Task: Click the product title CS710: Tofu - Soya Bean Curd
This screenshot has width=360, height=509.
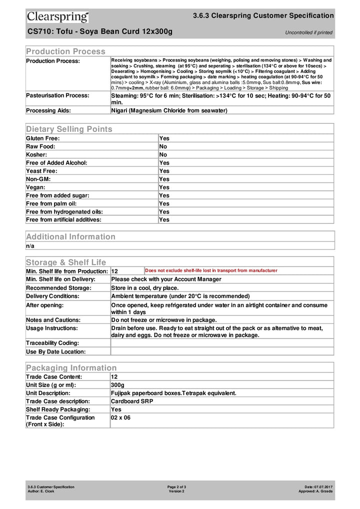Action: tap(99, 32)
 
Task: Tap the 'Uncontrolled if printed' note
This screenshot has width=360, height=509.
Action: tap(308, 33)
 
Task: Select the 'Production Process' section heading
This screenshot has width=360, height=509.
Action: tap(65, 51)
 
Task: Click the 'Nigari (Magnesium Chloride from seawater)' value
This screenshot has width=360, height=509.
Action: tap(169, 110)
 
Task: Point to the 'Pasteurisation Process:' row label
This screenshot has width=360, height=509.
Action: tap(57, 95)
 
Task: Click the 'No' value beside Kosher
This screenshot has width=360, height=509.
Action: tap(163, 155)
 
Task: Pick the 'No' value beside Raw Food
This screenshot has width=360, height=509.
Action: tap(163, 146)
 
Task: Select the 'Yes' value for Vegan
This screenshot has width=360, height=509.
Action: tap(164, 187)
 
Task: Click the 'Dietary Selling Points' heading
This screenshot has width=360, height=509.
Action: tap(69, 129)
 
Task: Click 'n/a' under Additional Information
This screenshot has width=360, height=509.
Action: tap(30, 246)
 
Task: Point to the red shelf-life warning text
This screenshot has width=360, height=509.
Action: tap(210, 270)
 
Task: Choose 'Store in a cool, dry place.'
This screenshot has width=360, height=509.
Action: tap(144, 288)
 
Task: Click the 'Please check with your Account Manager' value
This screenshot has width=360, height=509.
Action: tap(166, 279)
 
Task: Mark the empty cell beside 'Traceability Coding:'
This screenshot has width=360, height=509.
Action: tap(221, 343)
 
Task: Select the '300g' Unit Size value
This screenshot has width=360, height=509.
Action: tap(117, 385)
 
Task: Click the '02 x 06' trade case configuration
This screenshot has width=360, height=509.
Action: tap(120, 417)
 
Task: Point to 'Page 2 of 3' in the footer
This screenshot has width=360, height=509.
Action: tap(177, 486)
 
